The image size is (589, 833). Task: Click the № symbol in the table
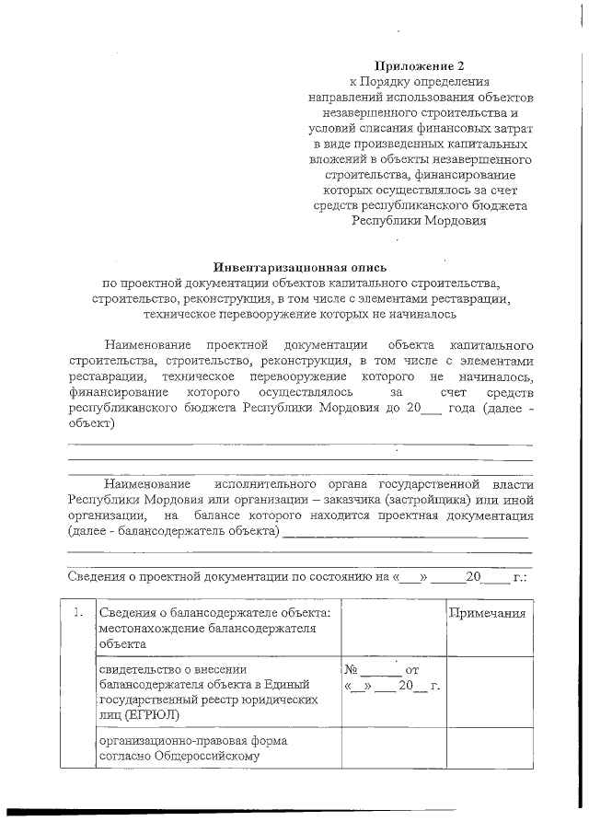click(x=352, y=671)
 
